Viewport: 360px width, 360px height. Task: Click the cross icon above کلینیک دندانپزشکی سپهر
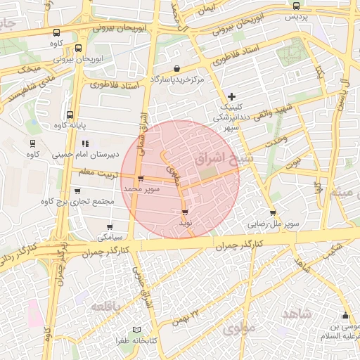[232, 96]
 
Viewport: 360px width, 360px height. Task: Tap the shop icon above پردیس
[296, 6]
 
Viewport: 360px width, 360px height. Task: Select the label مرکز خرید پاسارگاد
[177, 80]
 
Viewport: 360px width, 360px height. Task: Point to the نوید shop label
[185, 222]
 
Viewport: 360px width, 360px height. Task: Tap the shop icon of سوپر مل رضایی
[273, 214]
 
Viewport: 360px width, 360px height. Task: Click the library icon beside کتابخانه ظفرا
[137, 330]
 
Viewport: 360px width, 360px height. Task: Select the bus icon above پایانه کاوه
[70, 114]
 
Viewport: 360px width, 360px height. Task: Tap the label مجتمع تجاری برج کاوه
[78, 202]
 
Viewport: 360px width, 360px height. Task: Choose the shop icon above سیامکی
[109, 227]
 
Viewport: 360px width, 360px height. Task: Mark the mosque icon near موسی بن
[345, 315]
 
